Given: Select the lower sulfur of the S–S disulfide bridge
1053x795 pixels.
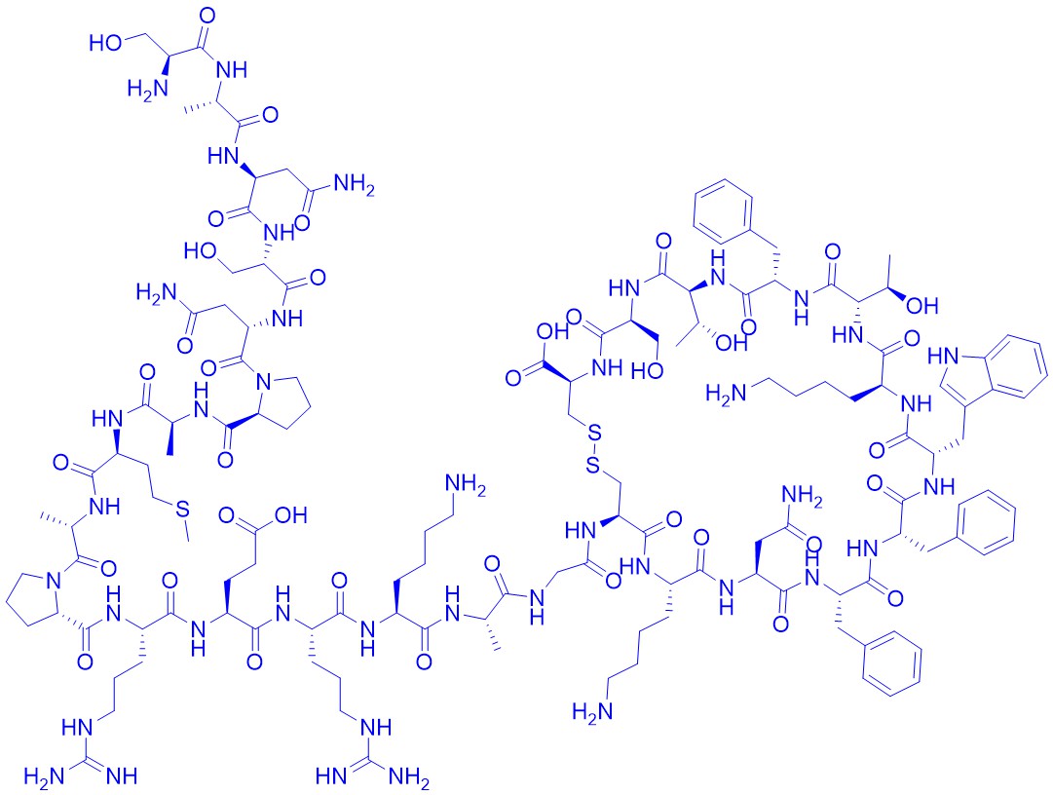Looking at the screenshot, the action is [x=592, y=464].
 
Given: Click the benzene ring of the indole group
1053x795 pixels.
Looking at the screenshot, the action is [x=1020, y=367].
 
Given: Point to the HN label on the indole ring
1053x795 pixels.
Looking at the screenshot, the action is [x=944, y=356].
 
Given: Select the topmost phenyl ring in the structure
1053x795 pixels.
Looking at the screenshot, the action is [x=725, y=212].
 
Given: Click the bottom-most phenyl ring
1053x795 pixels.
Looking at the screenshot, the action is [x=892, y=664].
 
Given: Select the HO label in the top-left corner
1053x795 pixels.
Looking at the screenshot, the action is [x=105, y=43].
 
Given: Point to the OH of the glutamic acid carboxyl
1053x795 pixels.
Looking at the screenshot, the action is [x=291, y=515].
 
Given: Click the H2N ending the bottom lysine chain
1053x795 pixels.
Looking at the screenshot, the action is [x=591, y=711].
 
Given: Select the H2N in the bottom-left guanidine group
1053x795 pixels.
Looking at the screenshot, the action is [x=43, y=776].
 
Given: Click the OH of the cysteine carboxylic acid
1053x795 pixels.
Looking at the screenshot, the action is [x=552, y=331].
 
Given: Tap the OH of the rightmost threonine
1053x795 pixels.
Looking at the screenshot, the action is [x=922, y=306].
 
